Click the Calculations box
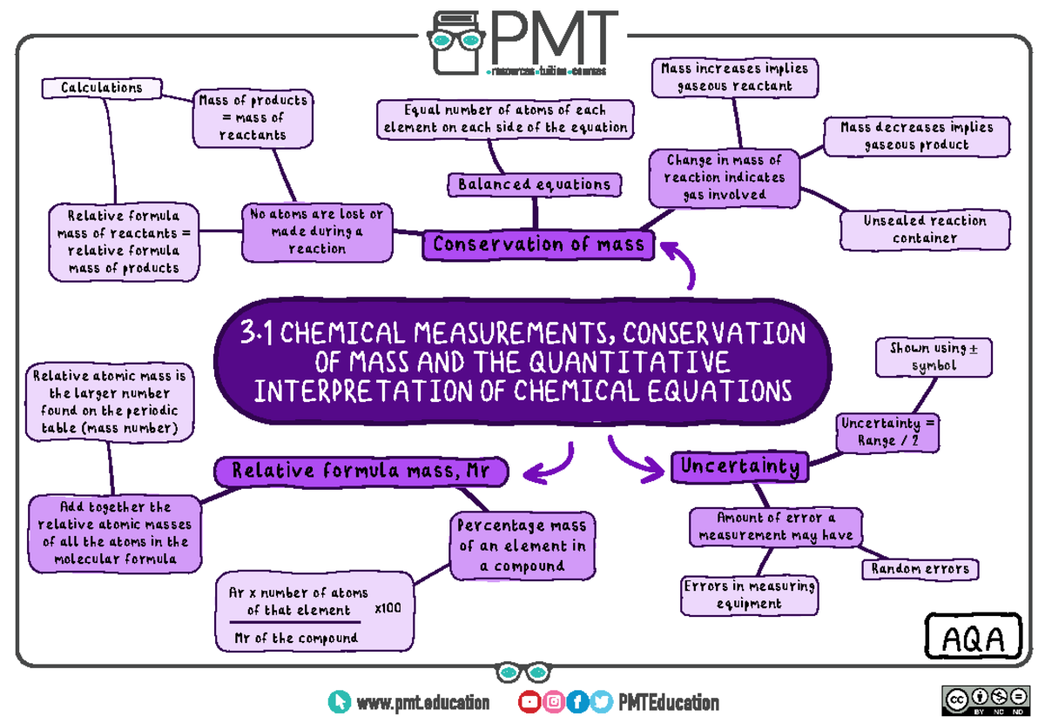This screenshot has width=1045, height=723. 103,88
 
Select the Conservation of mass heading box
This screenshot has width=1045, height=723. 538,244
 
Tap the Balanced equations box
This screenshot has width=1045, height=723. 535,184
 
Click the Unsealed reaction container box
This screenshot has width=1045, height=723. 925,230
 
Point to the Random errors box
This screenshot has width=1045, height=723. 920,569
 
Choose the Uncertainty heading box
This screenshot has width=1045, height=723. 739,467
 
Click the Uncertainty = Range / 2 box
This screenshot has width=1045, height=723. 887,432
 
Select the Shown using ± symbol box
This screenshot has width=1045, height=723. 934,358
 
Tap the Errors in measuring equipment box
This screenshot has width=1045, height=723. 749,595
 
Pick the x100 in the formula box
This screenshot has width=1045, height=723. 388,608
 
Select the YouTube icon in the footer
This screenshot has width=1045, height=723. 529,702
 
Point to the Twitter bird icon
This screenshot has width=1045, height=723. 600,702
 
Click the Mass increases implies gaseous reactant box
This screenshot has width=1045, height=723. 734,77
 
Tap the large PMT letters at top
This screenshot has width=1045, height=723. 554,37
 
